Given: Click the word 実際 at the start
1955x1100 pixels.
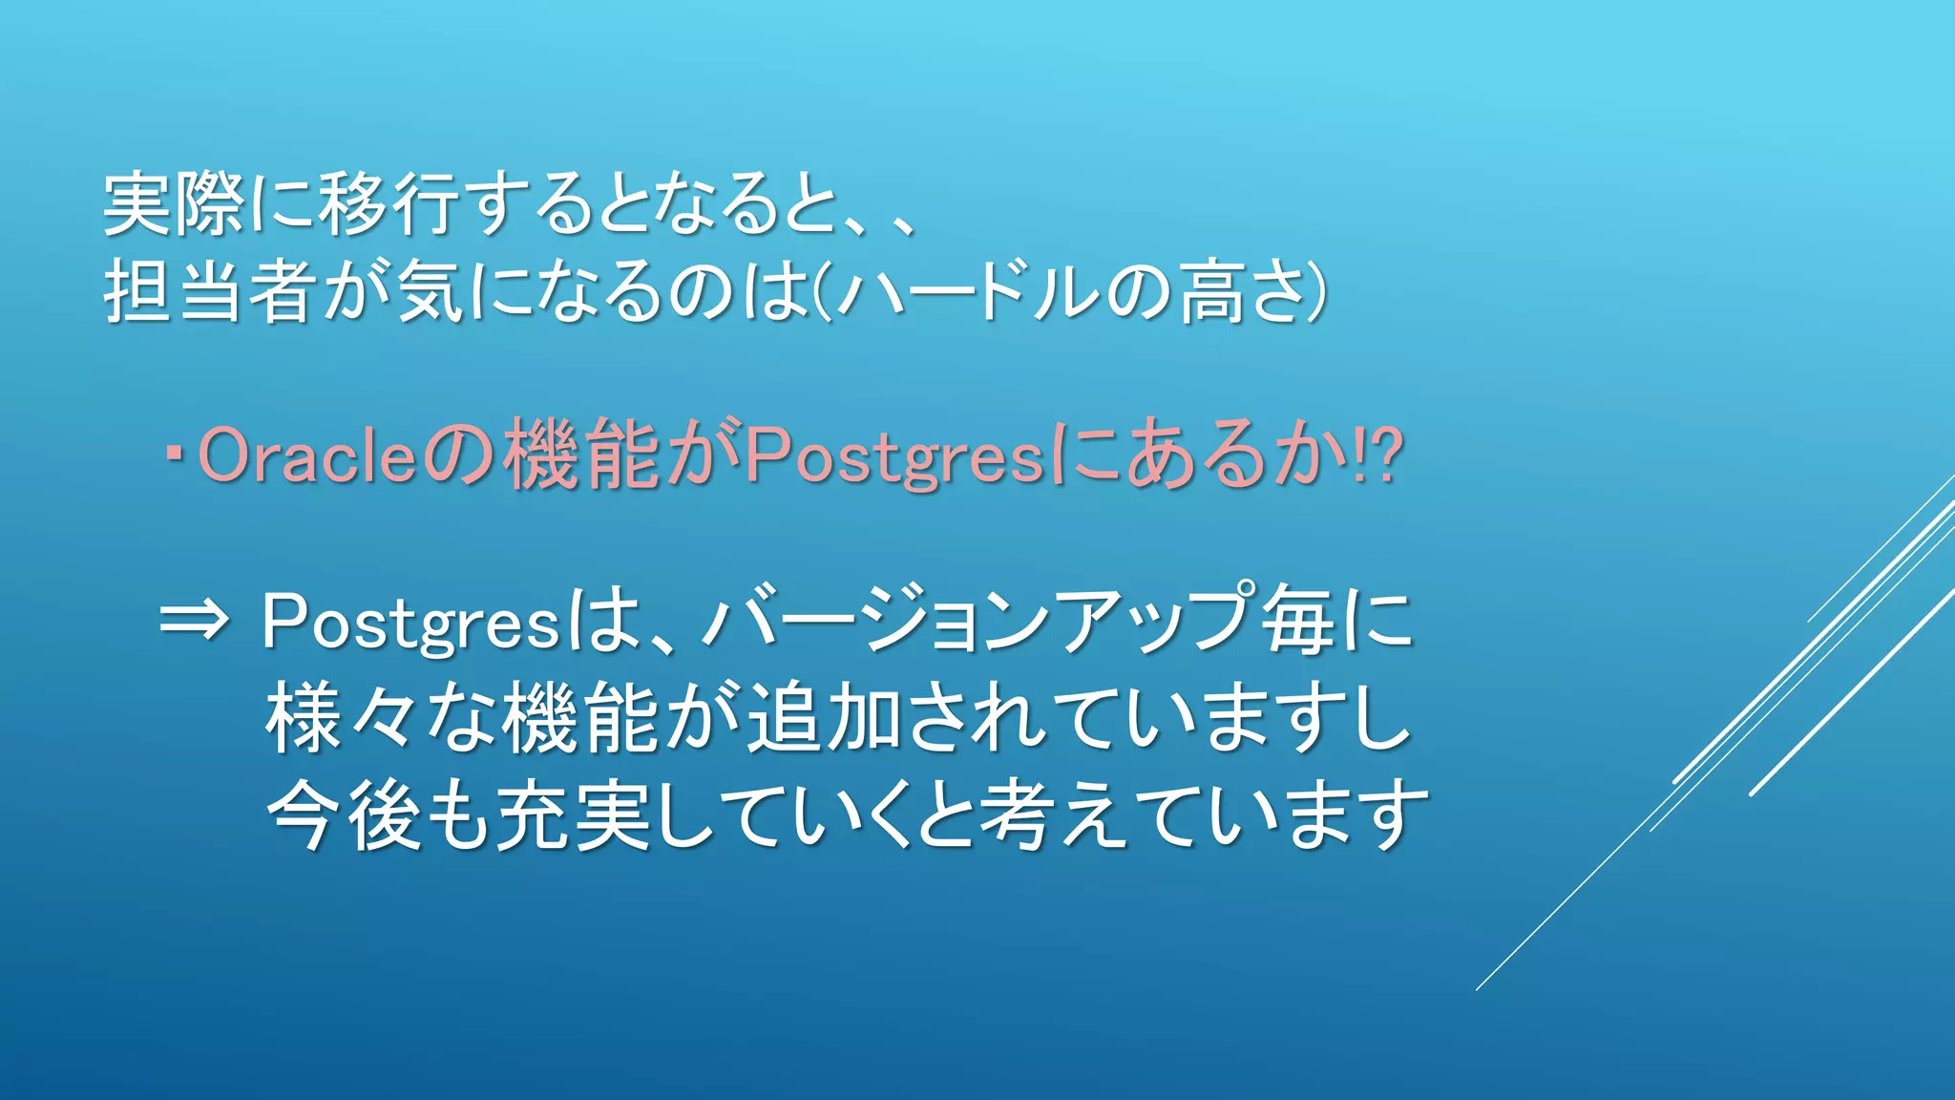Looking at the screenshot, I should pos(173,204).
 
